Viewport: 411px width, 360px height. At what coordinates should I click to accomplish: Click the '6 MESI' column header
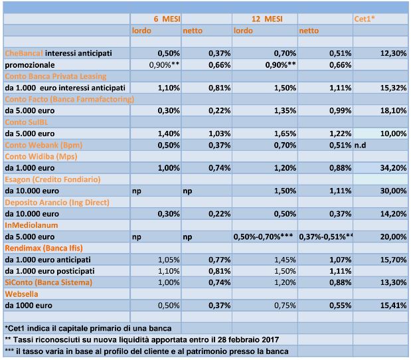[167, 19]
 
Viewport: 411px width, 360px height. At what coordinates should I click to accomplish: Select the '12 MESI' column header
[267, 19]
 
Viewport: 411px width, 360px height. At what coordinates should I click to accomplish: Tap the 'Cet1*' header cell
[365, 19]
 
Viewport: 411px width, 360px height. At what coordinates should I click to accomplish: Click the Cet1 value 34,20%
[394, 168]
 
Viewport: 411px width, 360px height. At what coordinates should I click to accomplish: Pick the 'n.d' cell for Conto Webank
[360, 145]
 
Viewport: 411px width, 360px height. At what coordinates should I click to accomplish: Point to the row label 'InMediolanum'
[31, 225]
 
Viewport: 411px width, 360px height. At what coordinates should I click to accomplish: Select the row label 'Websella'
[21, 294]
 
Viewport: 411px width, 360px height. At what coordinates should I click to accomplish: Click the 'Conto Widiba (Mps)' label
[41, 157]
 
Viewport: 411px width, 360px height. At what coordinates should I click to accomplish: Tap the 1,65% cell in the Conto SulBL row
[285, 134]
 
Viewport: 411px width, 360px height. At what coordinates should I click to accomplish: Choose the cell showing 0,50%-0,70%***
[263, 236]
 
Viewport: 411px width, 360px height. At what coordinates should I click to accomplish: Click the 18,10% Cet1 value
[394, 111]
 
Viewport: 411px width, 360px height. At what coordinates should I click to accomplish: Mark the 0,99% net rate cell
[340, 111]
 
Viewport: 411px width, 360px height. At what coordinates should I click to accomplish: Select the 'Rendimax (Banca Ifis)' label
[44, 248]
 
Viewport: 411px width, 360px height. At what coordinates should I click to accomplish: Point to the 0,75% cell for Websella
[285, 306]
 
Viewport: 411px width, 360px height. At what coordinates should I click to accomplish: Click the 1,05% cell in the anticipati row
[169, 260]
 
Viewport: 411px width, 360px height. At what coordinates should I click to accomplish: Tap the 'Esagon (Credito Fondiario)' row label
[52, 179]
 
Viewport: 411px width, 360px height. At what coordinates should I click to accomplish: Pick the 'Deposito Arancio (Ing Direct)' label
[57, 203]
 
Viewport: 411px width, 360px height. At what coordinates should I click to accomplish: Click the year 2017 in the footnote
[270, 340]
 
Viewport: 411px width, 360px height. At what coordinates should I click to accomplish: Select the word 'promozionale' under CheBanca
[30, 65]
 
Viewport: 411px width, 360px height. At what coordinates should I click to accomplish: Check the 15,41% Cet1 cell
[394, 306]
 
